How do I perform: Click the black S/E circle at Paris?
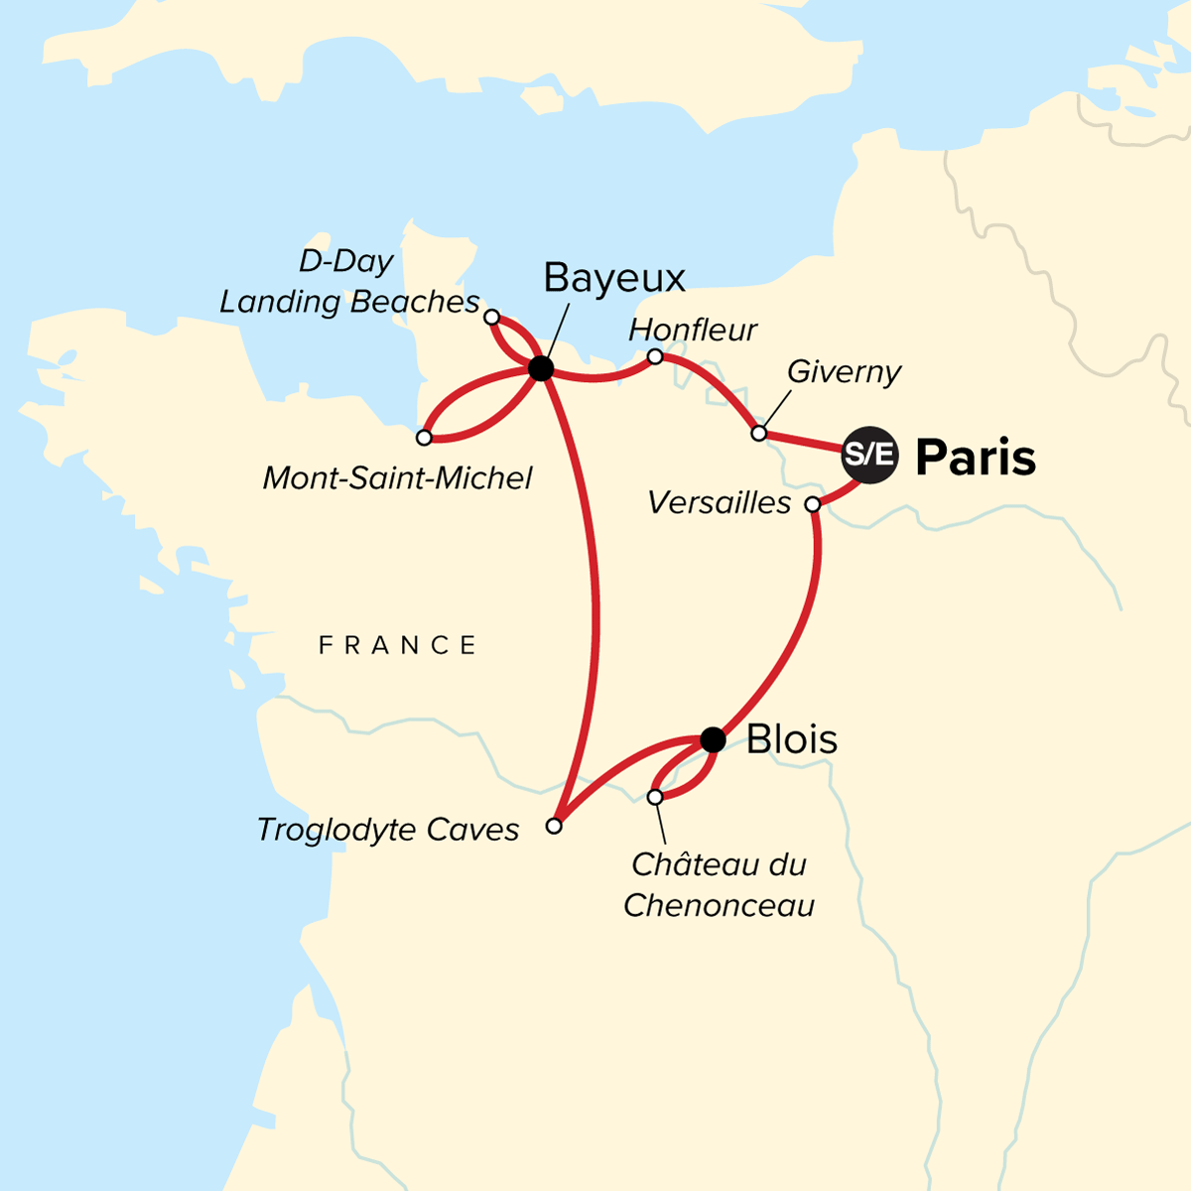(869, 456)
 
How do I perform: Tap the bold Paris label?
(976, 458)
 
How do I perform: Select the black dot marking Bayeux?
(541, 369)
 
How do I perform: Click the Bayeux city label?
(614, 279)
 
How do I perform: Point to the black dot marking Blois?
(713, 739)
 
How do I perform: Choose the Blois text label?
(792, 739)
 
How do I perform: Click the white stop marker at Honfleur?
(655, 356)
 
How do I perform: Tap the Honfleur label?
(693, 330)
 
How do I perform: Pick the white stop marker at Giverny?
(759, 434)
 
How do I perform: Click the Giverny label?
(844, 372)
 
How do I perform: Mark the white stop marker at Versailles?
(813, 505)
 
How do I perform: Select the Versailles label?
(719, 503)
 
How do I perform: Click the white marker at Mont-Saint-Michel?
(424, 438)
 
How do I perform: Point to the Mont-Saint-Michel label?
(397, 478)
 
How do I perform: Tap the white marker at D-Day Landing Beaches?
(491, 317)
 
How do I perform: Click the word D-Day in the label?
(346, 262)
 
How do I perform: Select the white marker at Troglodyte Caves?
(555, 826)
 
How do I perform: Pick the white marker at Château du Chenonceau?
(655, 797)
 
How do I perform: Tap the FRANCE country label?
(397, 646)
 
